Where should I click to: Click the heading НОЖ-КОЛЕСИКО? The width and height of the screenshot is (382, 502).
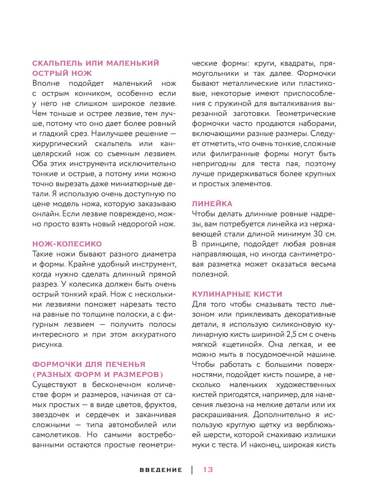coord(67,244)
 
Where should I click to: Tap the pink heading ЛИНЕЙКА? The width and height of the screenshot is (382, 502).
coord(212,204)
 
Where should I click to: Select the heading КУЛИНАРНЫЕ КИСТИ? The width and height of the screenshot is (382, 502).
coord(237,294)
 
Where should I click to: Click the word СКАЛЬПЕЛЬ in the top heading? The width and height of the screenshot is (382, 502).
coord(57,63)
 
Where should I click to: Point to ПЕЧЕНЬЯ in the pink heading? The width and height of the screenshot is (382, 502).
coord(126,364)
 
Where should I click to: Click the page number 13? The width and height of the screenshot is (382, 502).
coord(208,470)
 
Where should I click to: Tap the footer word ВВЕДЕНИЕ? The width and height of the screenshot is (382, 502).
coord(161,470)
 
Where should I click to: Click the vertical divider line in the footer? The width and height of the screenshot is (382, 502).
coord(192,470)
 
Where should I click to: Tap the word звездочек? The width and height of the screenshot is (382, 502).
coord(51,415)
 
